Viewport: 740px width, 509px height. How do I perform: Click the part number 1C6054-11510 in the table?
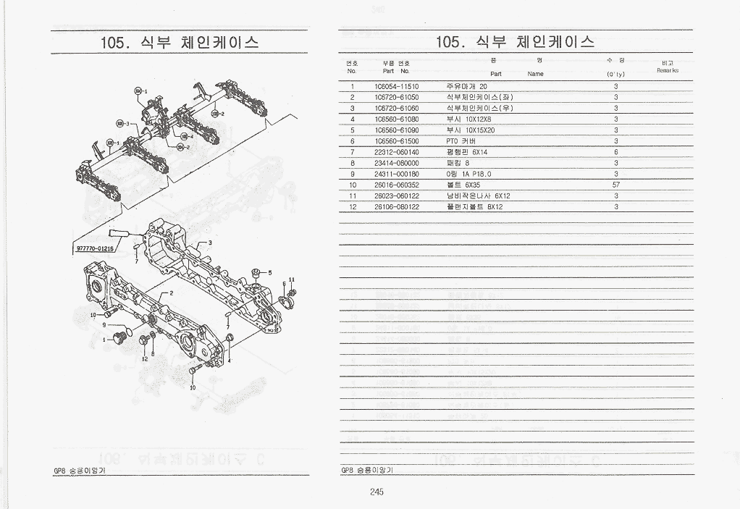396,86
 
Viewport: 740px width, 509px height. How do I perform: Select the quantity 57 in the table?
615,185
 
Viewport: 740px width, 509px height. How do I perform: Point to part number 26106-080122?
396,206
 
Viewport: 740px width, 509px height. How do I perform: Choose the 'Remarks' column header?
667,70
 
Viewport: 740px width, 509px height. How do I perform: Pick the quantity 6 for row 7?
615,152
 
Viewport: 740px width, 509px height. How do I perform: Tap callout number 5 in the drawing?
270,273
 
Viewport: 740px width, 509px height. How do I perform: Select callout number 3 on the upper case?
210,242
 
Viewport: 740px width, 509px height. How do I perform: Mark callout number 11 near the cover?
291,279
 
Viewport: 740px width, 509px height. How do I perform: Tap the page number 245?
375,492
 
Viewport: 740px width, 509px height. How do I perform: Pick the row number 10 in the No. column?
353,185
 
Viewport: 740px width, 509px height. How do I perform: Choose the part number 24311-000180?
396,174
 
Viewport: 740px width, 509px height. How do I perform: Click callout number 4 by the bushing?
229,359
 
